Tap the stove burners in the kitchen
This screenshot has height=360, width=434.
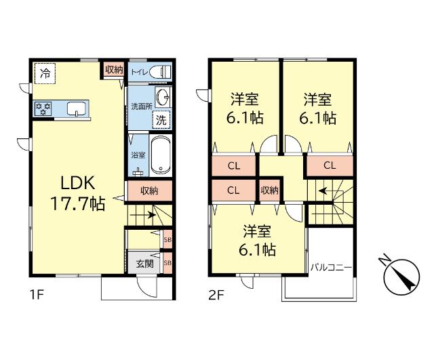click(x=42, y=108)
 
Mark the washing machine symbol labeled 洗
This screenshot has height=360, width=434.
click(x=162, y=119)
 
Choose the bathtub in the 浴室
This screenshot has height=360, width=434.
click(x=160, y=155)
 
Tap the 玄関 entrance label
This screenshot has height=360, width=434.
click(x=144, y=264)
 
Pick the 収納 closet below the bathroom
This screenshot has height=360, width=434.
click(x=149, y=191)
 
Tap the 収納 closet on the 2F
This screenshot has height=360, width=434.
click(x=270, y=191)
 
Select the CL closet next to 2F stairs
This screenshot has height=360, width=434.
click(x=330, y=165)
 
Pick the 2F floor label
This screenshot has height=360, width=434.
click(x=216, y=296)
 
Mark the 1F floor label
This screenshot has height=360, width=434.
click(x=37, y=296)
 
